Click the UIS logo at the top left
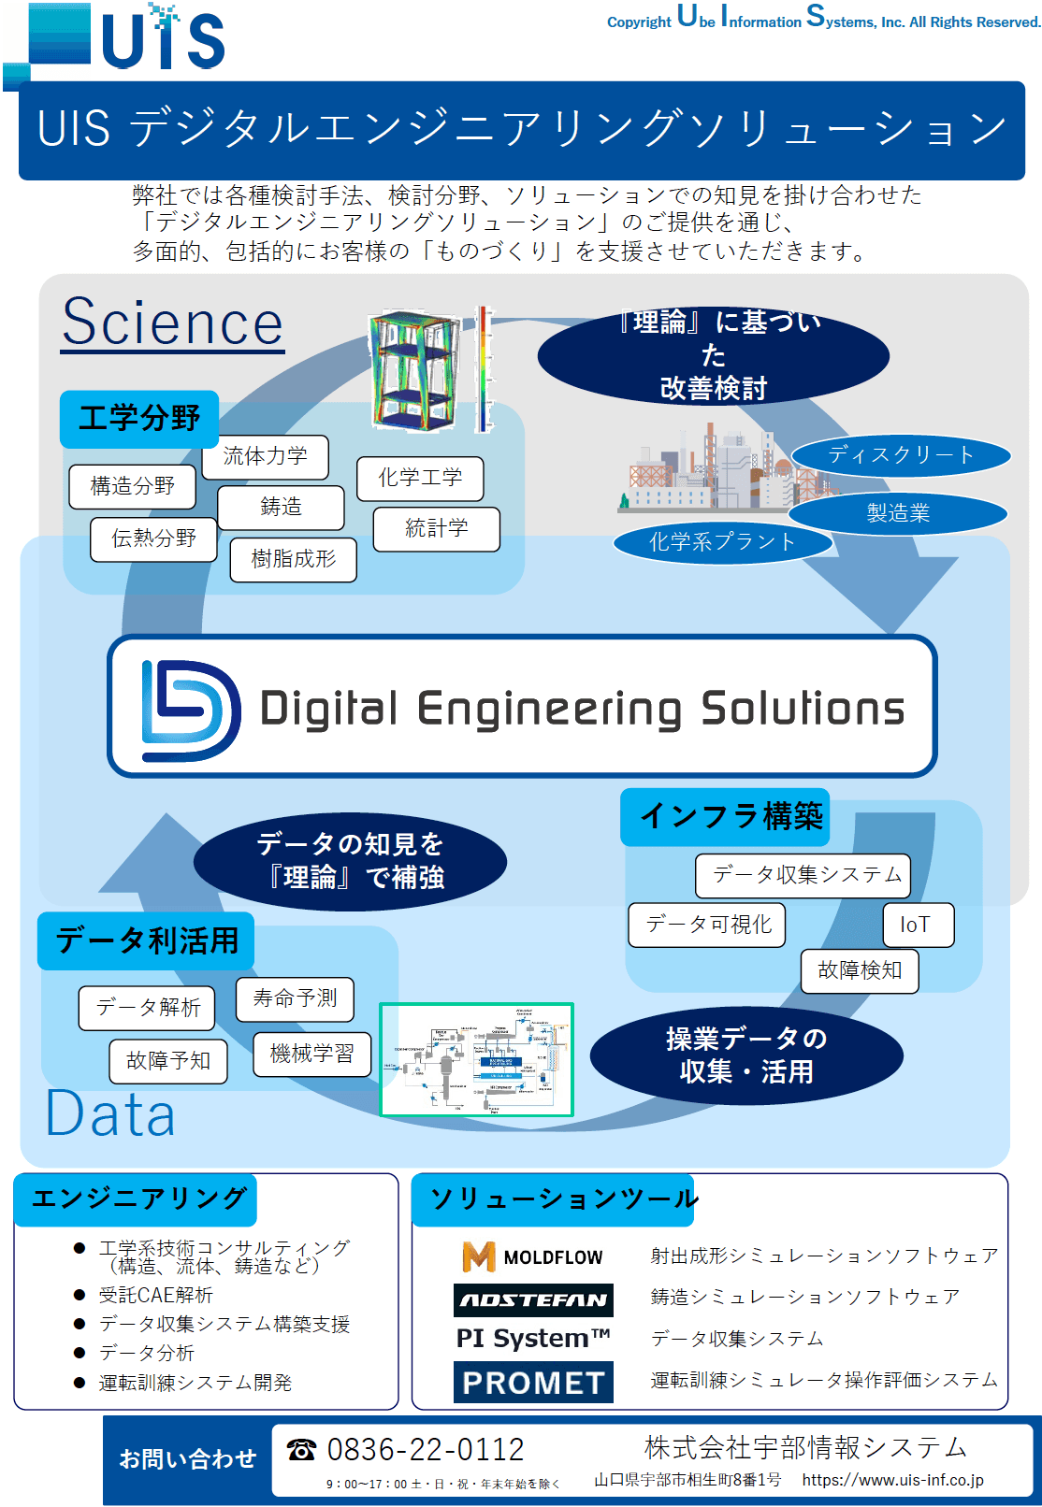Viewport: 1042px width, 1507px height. (117, 39)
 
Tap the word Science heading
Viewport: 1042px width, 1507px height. (172, 323)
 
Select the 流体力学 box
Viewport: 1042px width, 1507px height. (273, 456)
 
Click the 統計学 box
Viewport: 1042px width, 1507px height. (436, 529)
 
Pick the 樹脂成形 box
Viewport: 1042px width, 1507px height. (293, 559)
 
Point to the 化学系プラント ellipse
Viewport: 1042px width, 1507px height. (722, 542)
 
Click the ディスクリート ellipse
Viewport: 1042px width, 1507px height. (900, 455)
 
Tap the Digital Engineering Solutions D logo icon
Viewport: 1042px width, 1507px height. (190, 710)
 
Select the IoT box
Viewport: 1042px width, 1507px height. (918, 925)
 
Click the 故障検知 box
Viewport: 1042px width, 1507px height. (859, 970)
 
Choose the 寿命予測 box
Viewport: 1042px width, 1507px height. (295, 998)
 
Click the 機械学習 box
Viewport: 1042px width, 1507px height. (311, 1054)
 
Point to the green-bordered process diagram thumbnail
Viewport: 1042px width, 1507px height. (476, 1059)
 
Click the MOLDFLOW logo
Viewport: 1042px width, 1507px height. (532, 1256)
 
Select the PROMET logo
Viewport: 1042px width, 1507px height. (533, 1382)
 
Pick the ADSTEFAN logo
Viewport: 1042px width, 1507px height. (533, 1299)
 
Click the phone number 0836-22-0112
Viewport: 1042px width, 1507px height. (425, 1449)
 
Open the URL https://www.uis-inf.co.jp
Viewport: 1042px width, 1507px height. (892, 1480)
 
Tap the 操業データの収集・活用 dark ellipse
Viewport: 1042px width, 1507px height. (746, 1055)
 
